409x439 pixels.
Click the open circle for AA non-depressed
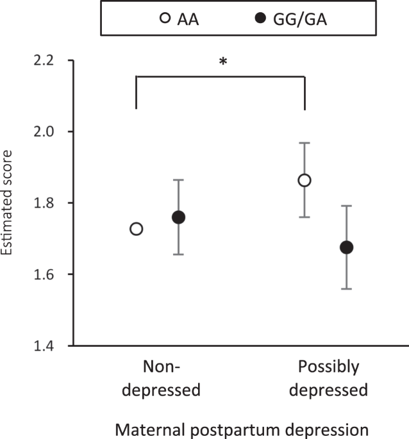click(137, 229)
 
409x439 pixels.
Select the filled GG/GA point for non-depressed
click(179, 217)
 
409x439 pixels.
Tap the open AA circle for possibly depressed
click(305, 180)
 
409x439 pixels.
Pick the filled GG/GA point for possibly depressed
click(347, 247)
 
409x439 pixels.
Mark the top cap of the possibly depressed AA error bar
click(305, 143)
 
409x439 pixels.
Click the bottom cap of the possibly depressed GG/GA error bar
click(347, 289)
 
